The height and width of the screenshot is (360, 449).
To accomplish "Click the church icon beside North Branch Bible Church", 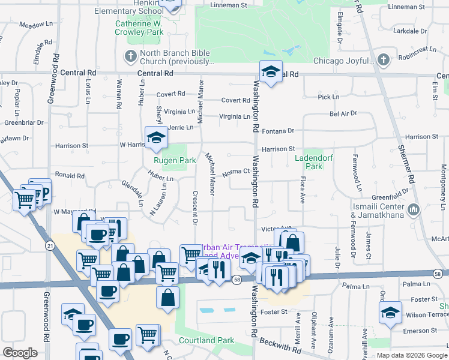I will [x=130, y=56].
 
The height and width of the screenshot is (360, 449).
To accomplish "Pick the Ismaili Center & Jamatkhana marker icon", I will [x=414, y=210].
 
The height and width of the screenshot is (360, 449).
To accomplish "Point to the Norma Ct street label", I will [x=235, y=172].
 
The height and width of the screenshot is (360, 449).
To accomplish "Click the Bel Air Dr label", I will [x=343, y=113].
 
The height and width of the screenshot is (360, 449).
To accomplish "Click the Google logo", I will [x=20, y=353].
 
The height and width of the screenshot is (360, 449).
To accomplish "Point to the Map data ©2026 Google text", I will [x=411, y=355].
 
